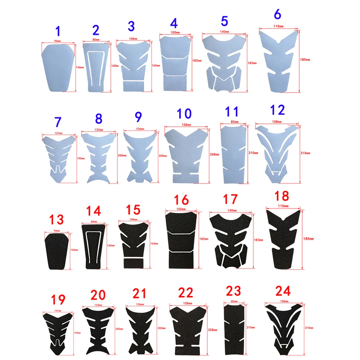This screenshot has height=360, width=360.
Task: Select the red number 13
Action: pyautogui.click(x=57, y=219)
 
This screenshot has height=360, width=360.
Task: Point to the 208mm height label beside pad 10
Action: pyautogui.click(x=214, y=155)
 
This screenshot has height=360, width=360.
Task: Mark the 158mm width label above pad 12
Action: pyautogui.click(x=278, y=122)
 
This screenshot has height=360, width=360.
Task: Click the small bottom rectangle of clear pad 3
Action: pyautogui.click(x=133, y=86)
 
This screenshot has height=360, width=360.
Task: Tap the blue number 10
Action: pyautogui.click(x=184, y=114)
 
